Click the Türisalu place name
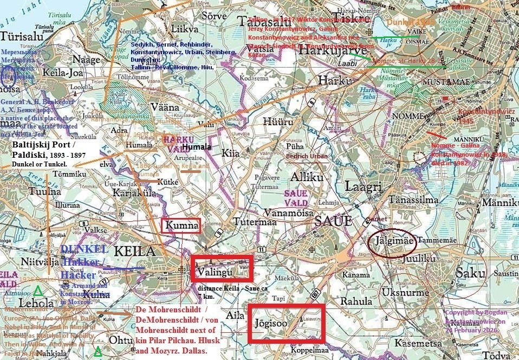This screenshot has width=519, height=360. tap(21, 36)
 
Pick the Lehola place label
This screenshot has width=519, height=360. tap(36, 303)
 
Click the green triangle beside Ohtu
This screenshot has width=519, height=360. tap(98, 351)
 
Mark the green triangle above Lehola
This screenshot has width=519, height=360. tap(37, 290)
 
